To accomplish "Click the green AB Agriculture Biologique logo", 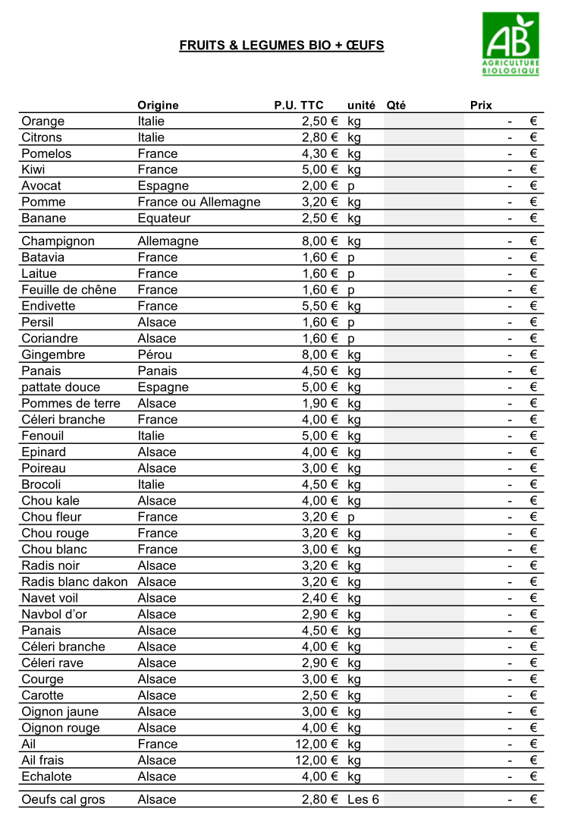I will pos(510,43).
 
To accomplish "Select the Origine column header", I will pos(158,105).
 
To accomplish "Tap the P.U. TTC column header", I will pos(298,105).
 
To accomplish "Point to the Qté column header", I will pos(396,105).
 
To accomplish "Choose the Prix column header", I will pos(481,105).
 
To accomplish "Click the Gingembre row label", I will pos(53,355).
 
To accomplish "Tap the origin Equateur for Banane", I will pos(164,219).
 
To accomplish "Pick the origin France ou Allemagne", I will pos(199,203).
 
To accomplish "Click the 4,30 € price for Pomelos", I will pos(319,154).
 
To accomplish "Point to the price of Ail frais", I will pos(316,760).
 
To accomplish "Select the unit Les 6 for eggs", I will pos(363,800).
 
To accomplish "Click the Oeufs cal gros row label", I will pos(63,800).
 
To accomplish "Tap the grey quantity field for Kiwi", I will pos(423,170).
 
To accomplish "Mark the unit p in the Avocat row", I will pos(351,187).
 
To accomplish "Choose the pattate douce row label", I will pos(61,388).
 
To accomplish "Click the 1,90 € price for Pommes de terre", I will pos(319,404).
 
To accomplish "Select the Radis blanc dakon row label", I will pos(74,582).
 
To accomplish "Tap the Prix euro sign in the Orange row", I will pos(533,121).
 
